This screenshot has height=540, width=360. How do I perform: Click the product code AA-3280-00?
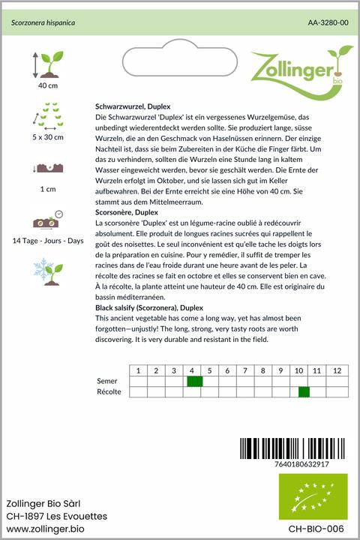point(328,23)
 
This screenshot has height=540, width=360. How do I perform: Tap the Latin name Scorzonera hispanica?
point(43,23)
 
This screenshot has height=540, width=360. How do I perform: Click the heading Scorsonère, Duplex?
point(130,214)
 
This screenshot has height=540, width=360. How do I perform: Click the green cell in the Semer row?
point(194,382)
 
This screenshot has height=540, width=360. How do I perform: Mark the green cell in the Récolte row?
point(304,392)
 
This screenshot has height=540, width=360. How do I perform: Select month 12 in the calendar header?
point(337,371)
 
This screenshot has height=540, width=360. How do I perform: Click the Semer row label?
point(107,382)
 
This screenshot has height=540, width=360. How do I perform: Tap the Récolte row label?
point(109,392)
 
